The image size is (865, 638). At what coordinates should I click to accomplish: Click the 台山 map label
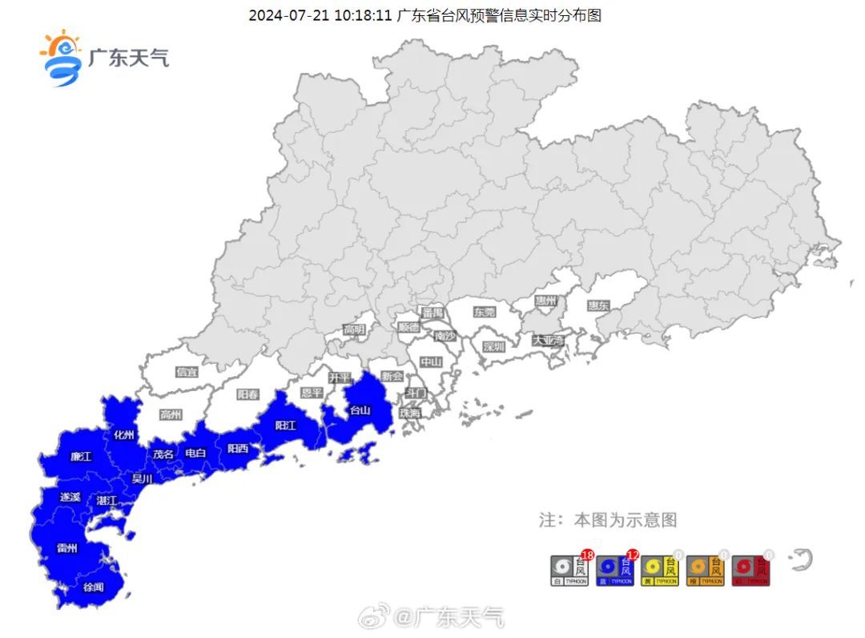pyautogui.click(x=360, y=410)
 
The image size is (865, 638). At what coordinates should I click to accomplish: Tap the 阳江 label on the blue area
pyautogui.click(x=286, y=426)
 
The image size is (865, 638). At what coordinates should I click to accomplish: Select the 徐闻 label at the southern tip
pyautogui.click(x=93, y=588)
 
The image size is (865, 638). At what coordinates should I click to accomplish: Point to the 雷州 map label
pyautogui.click(x=67, y=548)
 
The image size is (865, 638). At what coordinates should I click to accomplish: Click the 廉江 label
pyautogui.click(x=81, y=457)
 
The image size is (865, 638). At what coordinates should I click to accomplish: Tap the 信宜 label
pyautogui.click(x=187, y=372)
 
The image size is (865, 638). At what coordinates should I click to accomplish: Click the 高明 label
pyautogui.click(x=354, y=329)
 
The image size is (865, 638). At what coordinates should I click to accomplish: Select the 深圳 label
pyautogui.click(x=494, y=347)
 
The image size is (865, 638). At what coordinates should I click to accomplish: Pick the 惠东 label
pyautogui.click(x=598, y=305)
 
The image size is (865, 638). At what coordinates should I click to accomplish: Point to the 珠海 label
pyautogui.click(x=409, y=413)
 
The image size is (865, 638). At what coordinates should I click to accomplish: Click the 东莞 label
pyautogui.click(x=485, y=312)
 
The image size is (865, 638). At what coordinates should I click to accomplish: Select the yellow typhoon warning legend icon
pyautogui.click(x=662, y=570)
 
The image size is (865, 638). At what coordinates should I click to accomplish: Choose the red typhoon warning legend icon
pyautogui.click(x=751, y=570)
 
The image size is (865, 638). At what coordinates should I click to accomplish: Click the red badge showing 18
pyautogui.click(x=587, y=555)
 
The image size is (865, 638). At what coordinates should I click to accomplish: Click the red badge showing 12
pyautogui.click(x=633, y=555)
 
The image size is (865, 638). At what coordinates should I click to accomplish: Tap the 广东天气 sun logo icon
pyautogui.click(x=62, y=58)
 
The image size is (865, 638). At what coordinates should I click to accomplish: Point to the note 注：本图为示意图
pyautogui.click(x=608, y=520)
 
